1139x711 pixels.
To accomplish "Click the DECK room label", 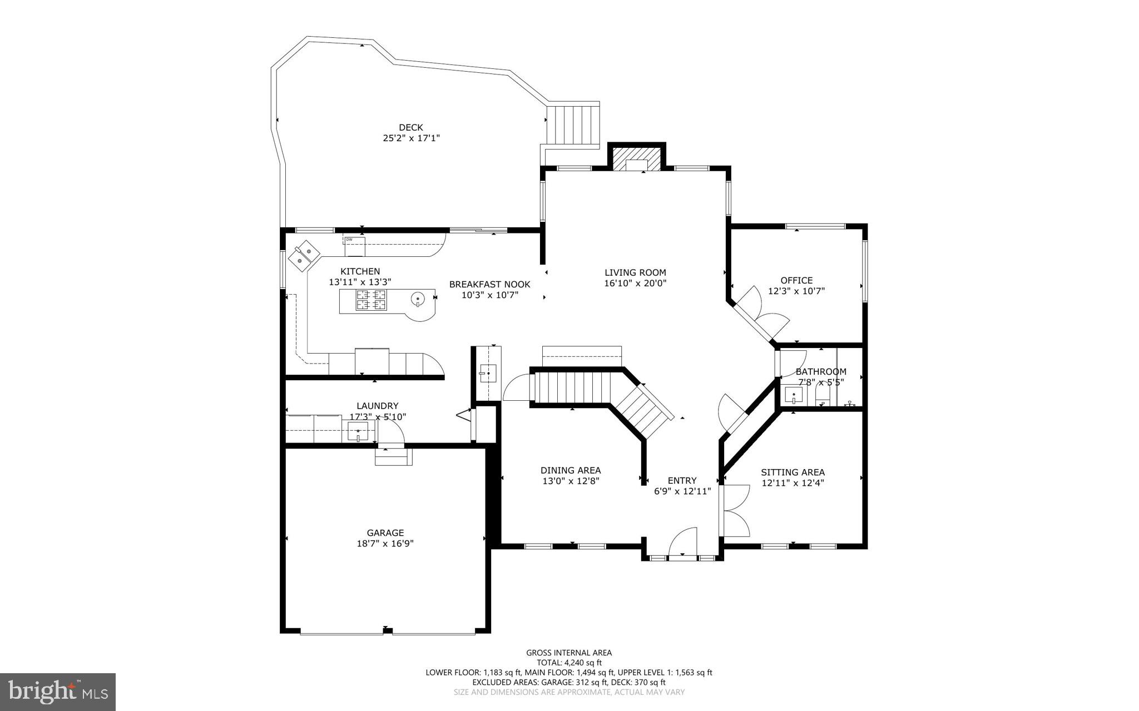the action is point(411,127).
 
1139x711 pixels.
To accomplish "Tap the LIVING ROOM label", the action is point(635,272).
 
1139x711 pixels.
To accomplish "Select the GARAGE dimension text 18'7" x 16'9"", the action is point(385,543).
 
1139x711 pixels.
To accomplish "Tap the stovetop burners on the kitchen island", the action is point(371,300).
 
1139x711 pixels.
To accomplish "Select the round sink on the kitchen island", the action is point(418,300).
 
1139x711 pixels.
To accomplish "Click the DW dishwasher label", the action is point(349,240).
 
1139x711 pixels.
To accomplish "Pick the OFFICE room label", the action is point(796,280).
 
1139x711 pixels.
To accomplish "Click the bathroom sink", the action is point(793,395).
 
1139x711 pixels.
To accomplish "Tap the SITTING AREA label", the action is point(793,473).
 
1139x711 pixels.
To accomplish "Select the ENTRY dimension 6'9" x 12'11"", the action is point(682,491).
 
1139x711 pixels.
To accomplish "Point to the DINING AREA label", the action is point(571,470).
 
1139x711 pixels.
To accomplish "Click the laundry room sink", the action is point(358,431).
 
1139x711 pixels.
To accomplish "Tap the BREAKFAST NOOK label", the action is point(489,284).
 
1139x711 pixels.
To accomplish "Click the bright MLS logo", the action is point(58,692).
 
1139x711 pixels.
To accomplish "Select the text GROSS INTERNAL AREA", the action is point(569,653).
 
